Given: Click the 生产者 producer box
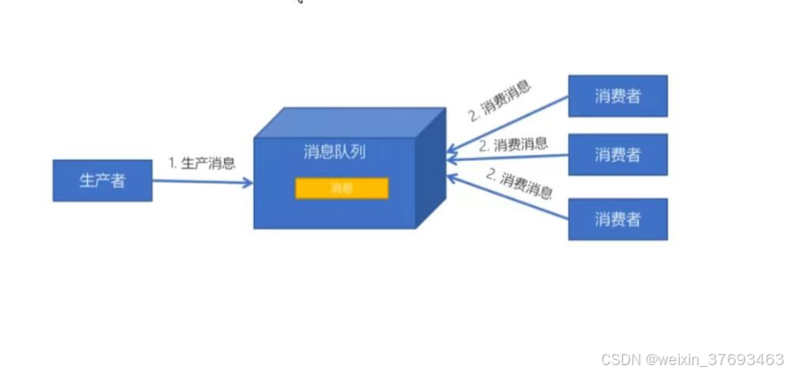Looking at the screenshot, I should (102, 181).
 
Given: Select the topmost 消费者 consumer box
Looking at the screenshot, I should (618, 96).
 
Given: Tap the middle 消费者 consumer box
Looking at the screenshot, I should (618, 155).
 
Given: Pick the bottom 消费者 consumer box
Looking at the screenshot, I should (618, 218).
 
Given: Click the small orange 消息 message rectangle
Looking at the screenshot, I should (341, 188).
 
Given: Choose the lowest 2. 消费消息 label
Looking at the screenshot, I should (520, 185).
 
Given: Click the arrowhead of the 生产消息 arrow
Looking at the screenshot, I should (249, 183).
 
